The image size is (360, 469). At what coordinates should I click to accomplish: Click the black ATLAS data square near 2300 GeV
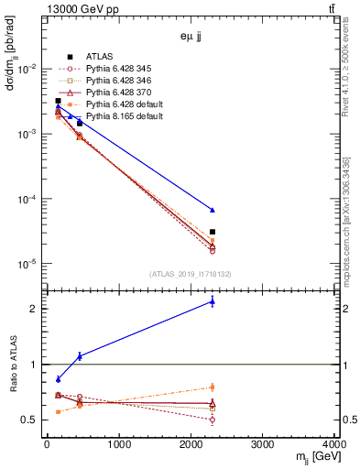pyautogui.click(x=213, y=232)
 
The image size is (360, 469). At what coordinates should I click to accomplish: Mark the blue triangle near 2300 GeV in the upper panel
pyautogui.click(x=213, y=210)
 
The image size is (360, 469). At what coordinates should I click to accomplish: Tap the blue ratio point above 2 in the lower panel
pyautogui.click(x=213, y=301)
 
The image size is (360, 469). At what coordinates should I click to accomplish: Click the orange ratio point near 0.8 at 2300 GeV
pyautogui.click(x=213, y=387)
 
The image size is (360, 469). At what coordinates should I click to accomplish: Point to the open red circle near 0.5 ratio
pyautogui.click(x=213, y=420)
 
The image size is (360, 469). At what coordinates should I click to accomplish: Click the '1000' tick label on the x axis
pyautogui.click(x=118, y=444)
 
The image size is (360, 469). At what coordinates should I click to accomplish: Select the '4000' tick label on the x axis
pyautogui.click(x=334, y=444)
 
